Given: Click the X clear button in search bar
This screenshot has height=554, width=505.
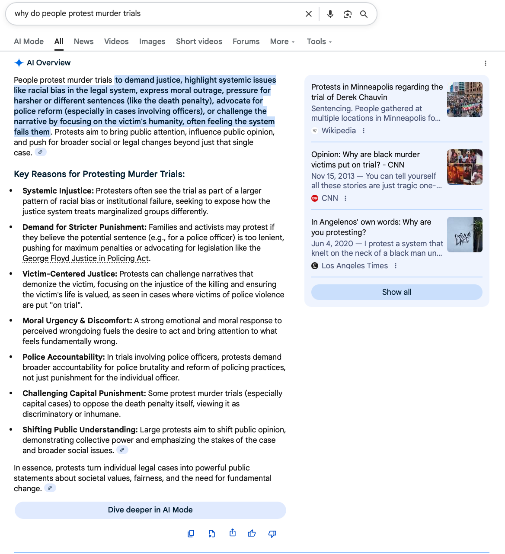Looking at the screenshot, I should [x=309, y=14].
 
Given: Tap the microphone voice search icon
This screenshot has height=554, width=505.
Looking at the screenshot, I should [x=330, y=14].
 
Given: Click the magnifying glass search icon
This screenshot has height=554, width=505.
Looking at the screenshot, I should [x=364, y=14].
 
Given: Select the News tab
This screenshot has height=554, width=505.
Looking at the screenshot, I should [x=83, y=42].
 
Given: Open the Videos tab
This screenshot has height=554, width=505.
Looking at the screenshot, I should [x=116, y=42].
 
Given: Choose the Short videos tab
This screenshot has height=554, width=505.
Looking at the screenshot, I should [x=199, y=42].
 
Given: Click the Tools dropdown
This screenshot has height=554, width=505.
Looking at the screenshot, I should [x=319, y=42].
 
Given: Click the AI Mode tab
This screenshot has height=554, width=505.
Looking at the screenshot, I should [x=29, y=42].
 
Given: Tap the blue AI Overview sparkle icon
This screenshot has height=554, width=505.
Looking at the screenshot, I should [x=19, y=63].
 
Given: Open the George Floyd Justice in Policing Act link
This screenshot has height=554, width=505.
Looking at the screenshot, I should [x=86, y=258].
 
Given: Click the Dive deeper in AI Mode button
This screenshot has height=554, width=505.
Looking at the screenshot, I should [x=150, y=510].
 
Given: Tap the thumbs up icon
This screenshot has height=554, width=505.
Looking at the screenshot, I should [x=252, y=533].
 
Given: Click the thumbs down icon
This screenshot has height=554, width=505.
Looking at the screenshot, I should [x=272, y=533].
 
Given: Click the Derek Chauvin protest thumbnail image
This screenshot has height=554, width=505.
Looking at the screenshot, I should [x=465, y=100].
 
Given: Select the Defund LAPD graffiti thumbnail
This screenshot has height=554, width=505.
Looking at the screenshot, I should [x=465, y=235].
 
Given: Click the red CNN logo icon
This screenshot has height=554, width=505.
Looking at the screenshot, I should [x=315, y=198].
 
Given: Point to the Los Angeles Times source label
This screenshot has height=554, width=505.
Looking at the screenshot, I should [x=355, y=266].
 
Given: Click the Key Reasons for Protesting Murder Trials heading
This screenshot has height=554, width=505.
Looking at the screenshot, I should [x=99, y=174].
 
